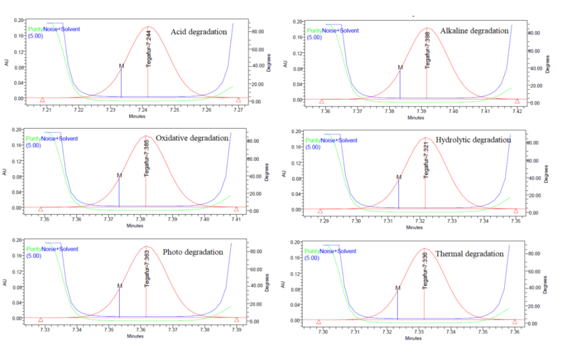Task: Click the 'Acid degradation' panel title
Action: pos(200,32)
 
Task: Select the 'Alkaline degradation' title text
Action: pos(474,30)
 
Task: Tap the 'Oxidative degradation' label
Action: pos(192,138)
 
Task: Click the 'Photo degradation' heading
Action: pos(193,252)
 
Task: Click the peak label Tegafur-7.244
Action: pos(149,49)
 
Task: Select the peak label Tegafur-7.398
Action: pos(428,51)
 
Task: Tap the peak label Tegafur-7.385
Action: pos(147,159)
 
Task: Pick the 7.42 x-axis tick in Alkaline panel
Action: pos(517,111)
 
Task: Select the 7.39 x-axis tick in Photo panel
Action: pos(237,330)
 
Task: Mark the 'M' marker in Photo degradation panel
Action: pos(120,286)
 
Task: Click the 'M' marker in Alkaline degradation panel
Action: pos(400,67)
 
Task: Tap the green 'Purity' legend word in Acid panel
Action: pos(35,29)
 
